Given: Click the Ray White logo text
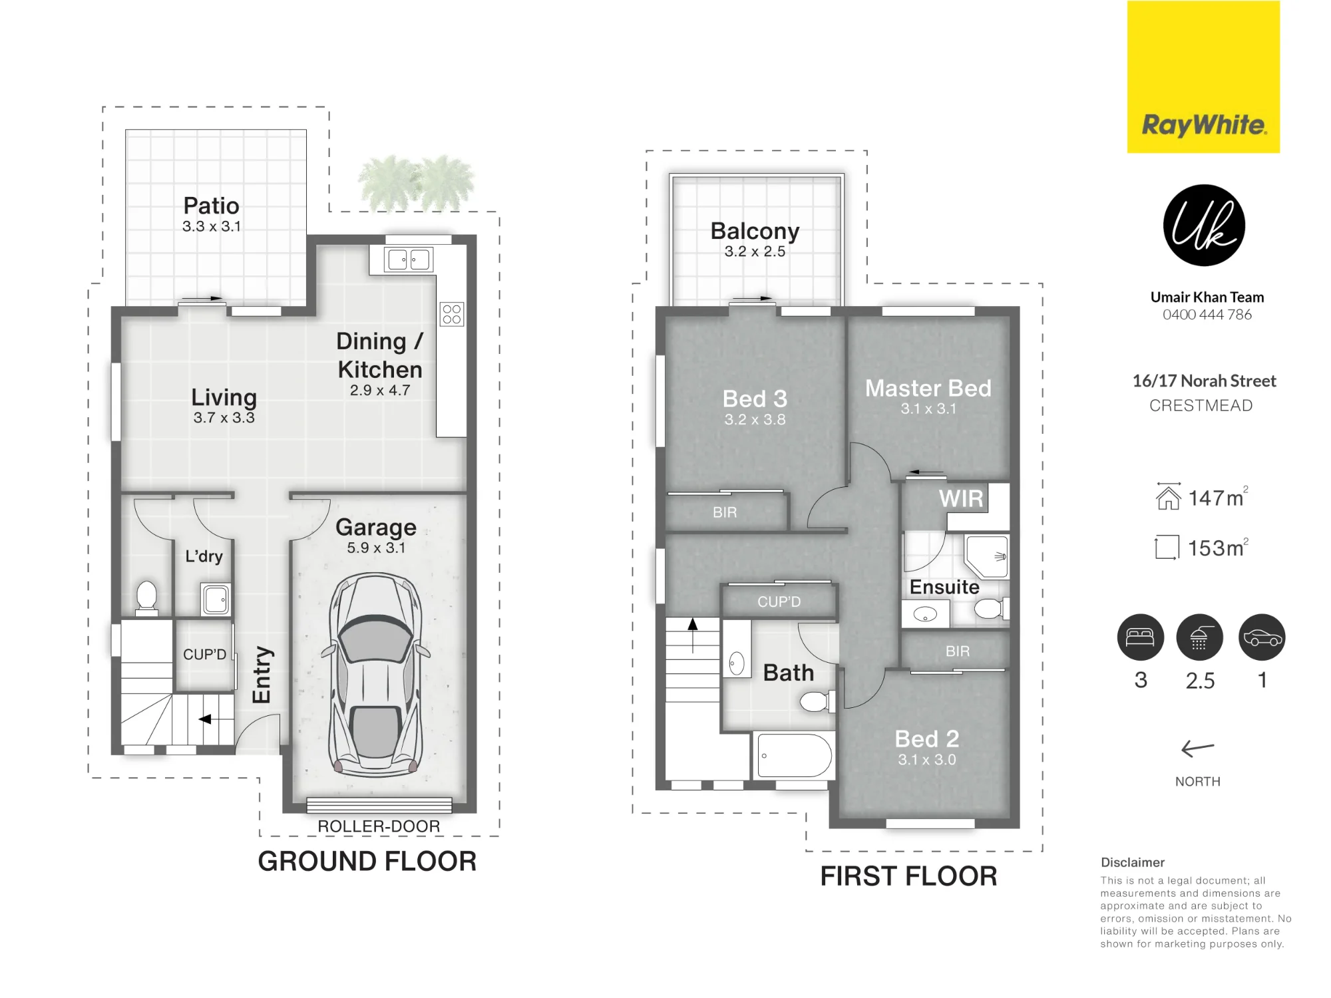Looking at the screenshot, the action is click(x=1204, y=124).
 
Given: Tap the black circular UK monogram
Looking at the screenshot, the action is click(x=1204, y=226).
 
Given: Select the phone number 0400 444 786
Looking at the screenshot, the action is click(x=1207, y=315).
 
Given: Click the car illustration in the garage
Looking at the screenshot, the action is click(x=376, y=675).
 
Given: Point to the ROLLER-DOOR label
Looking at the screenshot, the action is click(x=379, y=826).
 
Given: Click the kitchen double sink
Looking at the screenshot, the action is click(x=409, y=259).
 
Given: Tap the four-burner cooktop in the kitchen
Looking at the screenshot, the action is click(x=452, y=314).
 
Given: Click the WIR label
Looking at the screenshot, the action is click(x=961, y=498).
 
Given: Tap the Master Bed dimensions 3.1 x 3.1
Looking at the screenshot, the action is click(x=928, y=409).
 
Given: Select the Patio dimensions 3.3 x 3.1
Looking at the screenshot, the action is click(x=212, y=226).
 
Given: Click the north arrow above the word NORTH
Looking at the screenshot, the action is click(x=1198, y=749).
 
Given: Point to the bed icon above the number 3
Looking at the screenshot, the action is click(x=1141, y=637).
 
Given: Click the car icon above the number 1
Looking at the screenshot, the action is click(x=1262, y=637).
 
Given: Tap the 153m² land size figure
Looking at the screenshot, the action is click(x=1218, y=548).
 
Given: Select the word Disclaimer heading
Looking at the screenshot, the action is click(x=1133, y=862).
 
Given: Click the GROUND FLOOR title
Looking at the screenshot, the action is click(x=367, y=862).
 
